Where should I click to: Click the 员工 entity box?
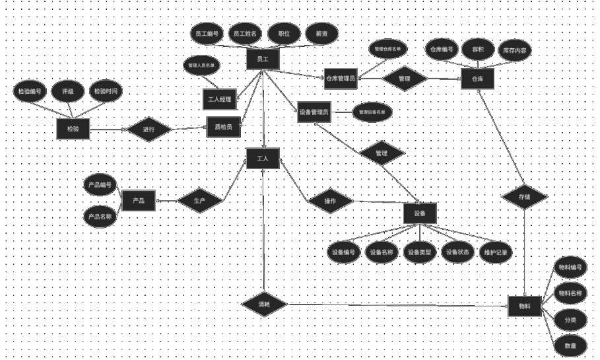[262, 59]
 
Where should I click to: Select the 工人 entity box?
[262, 159]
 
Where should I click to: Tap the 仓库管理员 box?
[340, 79]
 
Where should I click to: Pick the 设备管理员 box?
[314, 112]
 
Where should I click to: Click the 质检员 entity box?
[222, 127]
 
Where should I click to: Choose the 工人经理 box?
[218, 100]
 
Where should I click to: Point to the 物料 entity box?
[525, 306]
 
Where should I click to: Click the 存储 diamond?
[524, 197]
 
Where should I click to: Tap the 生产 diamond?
[199, 199]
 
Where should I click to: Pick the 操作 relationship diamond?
[331, 201]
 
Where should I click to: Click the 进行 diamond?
[149, 129]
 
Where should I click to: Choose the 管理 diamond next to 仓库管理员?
[405, 79]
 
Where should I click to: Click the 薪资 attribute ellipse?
[322, 34]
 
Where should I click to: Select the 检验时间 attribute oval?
[105, 92]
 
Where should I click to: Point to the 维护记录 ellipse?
[495, 252]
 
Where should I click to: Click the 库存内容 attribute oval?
[515, 50]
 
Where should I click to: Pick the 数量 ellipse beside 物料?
[570, 345]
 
